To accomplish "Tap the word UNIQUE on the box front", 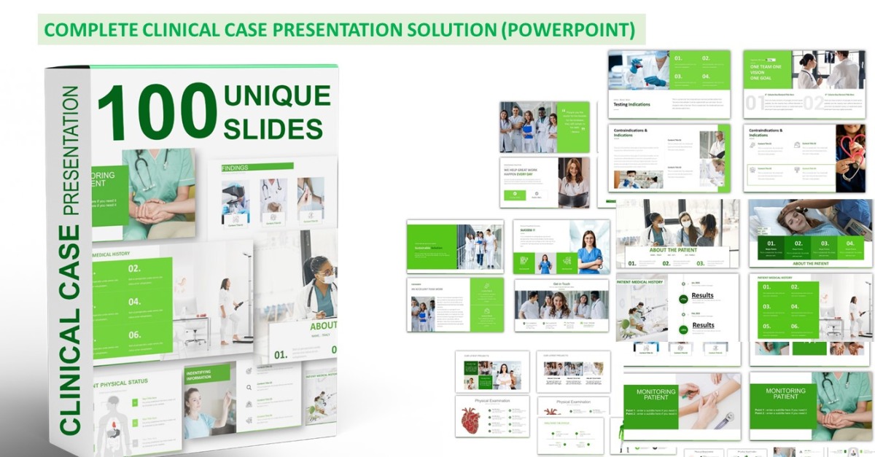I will coord(276,95).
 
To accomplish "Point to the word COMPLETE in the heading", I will coord(88,30).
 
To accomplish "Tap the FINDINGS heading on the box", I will coord(235,168).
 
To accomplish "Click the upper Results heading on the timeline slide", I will coord(703,295).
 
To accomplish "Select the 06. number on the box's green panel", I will coord(134,335).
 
